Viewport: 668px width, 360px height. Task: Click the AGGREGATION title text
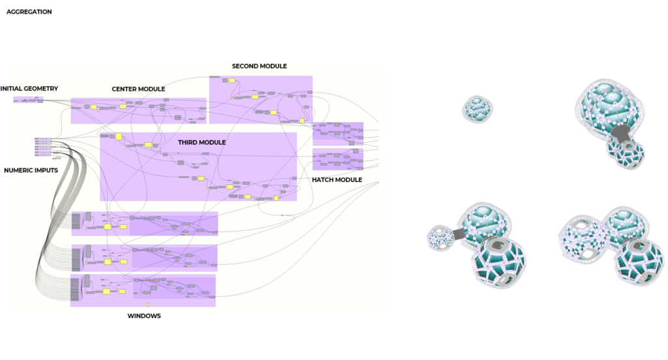point(29,12)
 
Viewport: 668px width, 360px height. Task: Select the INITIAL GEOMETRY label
point(29,89)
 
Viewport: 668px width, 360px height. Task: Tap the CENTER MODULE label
point(138,89)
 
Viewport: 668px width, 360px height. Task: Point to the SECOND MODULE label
point(259,67)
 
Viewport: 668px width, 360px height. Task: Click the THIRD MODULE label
point(202,142)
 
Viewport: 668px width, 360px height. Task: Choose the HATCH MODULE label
point(337,180)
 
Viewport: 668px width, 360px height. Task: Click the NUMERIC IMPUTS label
point(31,171)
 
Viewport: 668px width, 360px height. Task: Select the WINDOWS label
point(144,316)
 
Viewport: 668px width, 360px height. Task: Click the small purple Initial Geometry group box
point(28,100)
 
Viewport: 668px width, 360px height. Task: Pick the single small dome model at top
point(478,109)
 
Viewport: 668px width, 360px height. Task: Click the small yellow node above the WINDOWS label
point(148,305)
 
